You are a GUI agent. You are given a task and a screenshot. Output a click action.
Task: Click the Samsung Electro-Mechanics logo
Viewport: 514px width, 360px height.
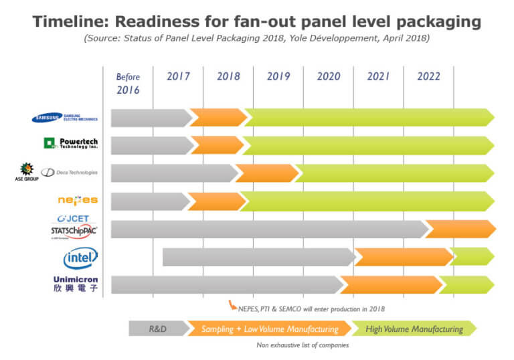(65, 118)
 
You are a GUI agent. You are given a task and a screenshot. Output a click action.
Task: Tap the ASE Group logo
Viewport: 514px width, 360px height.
(27, 173)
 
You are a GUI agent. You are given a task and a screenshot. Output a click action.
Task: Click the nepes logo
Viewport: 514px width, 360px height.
(78, 200)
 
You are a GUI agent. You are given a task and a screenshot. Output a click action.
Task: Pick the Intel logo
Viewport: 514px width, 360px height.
(80, 257)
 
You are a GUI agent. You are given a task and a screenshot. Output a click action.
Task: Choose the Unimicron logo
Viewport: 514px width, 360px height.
(75, 284)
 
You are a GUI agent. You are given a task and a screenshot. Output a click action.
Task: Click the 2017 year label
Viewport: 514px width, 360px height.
(178, 76)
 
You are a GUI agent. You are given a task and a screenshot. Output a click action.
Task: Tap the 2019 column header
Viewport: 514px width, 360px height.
(278, 76)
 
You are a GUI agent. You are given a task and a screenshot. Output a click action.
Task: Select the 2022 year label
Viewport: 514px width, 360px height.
(428, 76)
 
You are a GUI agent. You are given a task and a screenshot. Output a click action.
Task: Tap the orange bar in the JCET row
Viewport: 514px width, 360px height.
(460, 229)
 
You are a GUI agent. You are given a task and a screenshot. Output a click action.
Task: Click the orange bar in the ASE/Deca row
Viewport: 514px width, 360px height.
(266, 173)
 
